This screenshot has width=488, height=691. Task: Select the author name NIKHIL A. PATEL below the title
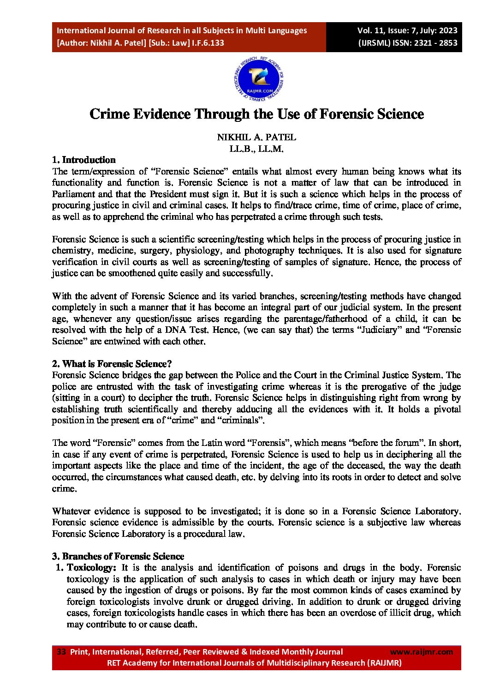point(256,137)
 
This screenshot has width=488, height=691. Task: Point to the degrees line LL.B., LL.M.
point(256,149)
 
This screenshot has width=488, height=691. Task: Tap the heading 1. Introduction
point(83,160)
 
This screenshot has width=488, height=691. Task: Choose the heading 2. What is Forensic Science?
point(112,364)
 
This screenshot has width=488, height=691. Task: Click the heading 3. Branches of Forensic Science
point(118,556)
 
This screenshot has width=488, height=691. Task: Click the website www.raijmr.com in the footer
point(421,652)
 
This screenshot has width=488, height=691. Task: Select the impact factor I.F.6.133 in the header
point(208,43)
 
